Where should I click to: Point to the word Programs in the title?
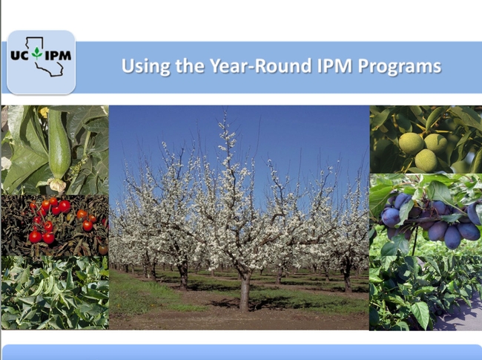coord(397,66)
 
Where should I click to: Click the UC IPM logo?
coord(42,62)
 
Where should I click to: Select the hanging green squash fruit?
coord(59,149)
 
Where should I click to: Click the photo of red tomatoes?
coord(54,224)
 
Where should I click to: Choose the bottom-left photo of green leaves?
coord(54,293)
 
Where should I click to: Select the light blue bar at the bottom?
coord(241,352)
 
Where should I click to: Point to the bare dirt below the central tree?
coord(245,320)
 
